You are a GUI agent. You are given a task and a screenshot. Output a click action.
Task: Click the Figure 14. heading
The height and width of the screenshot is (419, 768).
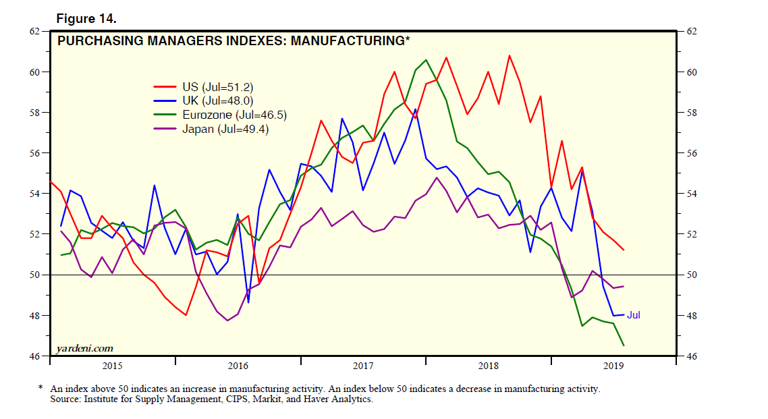pos(91,17)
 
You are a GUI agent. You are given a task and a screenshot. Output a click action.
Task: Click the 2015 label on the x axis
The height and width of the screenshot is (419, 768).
pos(112,366)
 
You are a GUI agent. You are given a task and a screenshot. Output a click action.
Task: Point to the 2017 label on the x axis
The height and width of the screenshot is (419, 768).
pos(363,366)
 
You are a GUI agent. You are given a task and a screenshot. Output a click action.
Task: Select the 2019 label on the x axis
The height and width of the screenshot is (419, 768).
pos(613,366)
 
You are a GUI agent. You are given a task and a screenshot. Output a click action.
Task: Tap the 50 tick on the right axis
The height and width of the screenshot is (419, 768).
pos(692,275)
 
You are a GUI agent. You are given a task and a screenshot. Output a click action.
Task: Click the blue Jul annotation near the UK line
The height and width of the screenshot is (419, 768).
pos(634,315)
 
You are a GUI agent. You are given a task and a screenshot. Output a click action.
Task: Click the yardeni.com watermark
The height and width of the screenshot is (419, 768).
pos(85,348)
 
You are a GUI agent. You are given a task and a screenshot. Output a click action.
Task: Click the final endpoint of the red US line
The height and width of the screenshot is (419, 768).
pos(624,250)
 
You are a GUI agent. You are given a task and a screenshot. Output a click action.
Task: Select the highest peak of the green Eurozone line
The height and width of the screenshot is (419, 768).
pos(425,60)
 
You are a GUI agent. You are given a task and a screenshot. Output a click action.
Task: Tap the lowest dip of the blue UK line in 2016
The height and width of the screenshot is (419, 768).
pos(248,302)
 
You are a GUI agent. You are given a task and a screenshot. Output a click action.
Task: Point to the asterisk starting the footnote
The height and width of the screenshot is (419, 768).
pos(41,389)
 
